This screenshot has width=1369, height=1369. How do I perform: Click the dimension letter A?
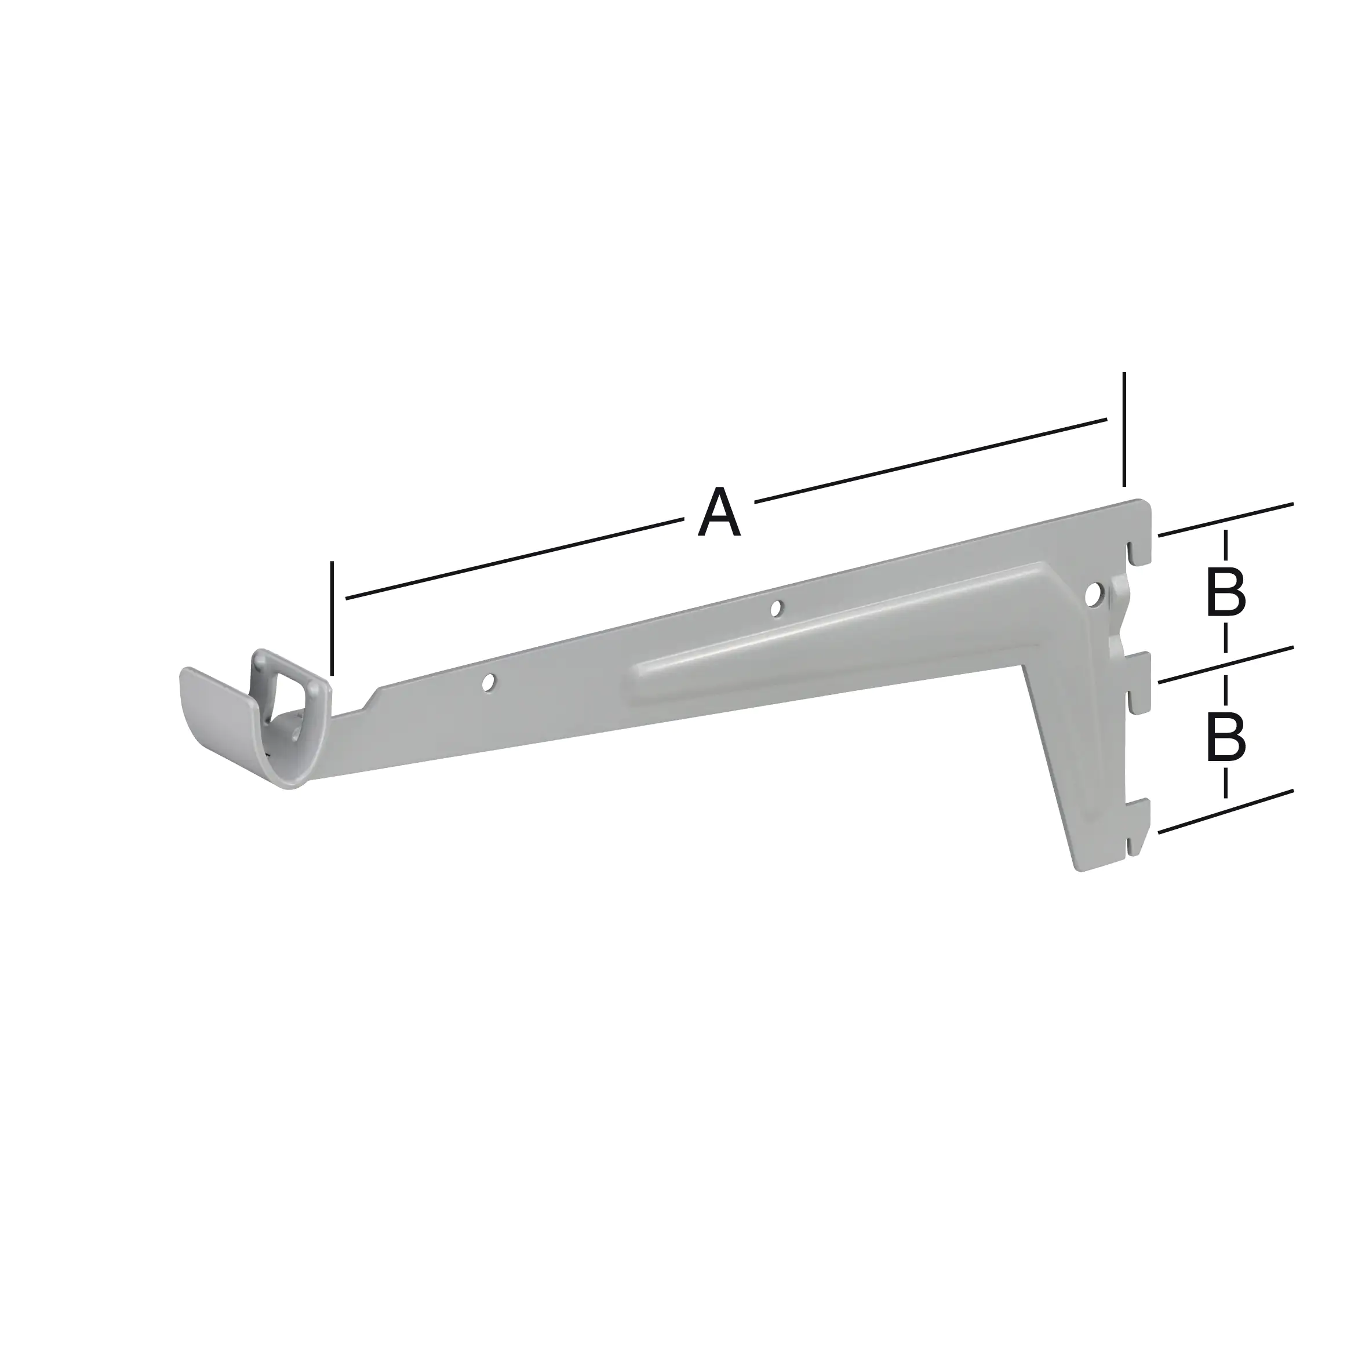point(719,512)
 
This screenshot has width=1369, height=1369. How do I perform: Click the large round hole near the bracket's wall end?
point(1095,595)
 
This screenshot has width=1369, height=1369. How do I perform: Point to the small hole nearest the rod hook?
point(487,682)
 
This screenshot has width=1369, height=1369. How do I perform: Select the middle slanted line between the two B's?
point(1225,665)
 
